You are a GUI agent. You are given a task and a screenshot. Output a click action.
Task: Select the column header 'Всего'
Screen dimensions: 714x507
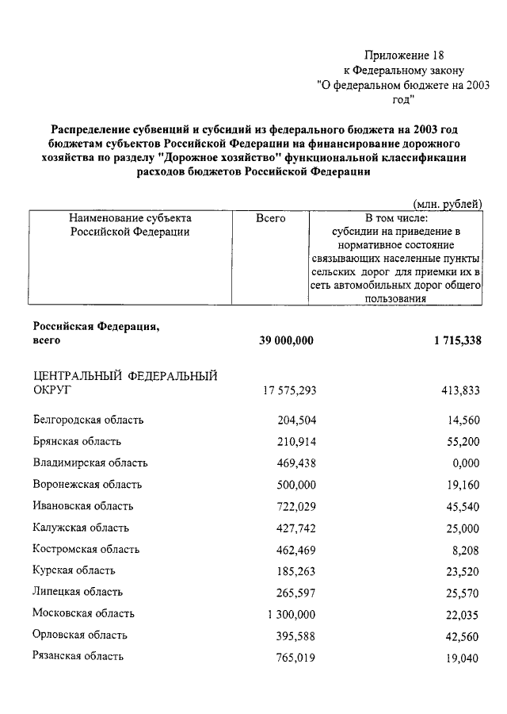[x=271, y=217]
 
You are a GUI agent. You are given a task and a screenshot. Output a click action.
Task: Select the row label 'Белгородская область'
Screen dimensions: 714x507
[x=88, y=420]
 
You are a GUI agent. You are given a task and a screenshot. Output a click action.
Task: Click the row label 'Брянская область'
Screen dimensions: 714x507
[x=77, y=441]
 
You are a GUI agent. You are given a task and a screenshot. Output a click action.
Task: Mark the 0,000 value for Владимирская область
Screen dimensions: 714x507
[x=465, y=463]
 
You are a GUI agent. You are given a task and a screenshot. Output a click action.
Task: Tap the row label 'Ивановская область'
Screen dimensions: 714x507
[x=83, y=505]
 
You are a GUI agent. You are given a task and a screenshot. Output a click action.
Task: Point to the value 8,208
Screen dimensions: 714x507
[x=467, y=549]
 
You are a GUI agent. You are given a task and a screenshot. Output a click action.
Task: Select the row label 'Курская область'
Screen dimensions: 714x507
[x=74, y=570]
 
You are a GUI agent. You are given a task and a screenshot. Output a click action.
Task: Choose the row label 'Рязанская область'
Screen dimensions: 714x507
[x=78, y=656]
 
